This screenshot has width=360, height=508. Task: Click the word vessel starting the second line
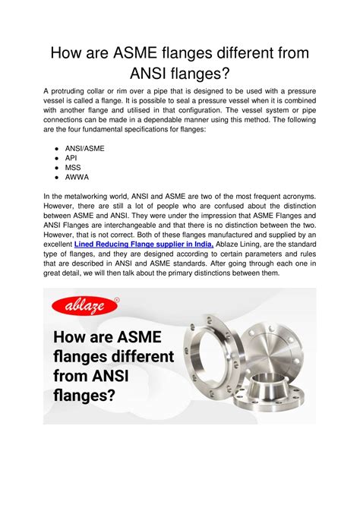tap(56, 101)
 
